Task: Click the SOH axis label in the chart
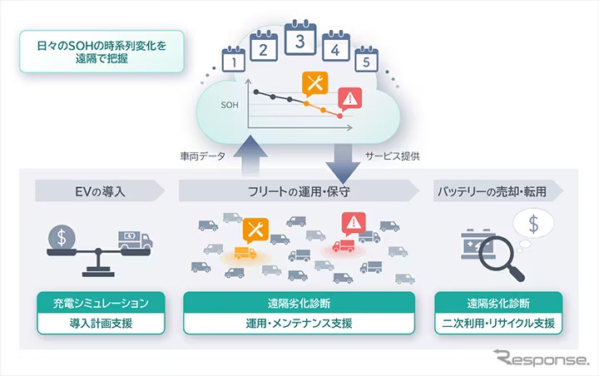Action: (x=230, y=106)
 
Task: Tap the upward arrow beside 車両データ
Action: (x=250, y=156)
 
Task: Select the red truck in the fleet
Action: (x=343, y=246)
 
